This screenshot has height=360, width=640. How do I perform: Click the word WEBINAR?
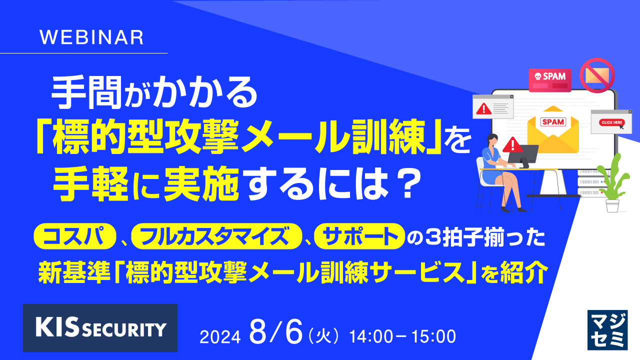pos(91,38)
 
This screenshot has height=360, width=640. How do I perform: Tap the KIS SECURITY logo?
pos(100,327)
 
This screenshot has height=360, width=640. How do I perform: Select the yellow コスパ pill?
pos(73,236)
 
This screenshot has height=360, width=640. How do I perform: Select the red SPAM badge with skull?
pos(550,80)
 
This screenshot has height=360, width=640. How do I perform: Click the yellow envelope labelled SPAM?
pos(553,125)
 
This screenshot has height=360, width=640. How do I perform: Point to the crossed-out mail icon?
pos(596,75)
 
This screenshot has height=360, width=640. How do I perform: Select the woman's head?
pos(490,141)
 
